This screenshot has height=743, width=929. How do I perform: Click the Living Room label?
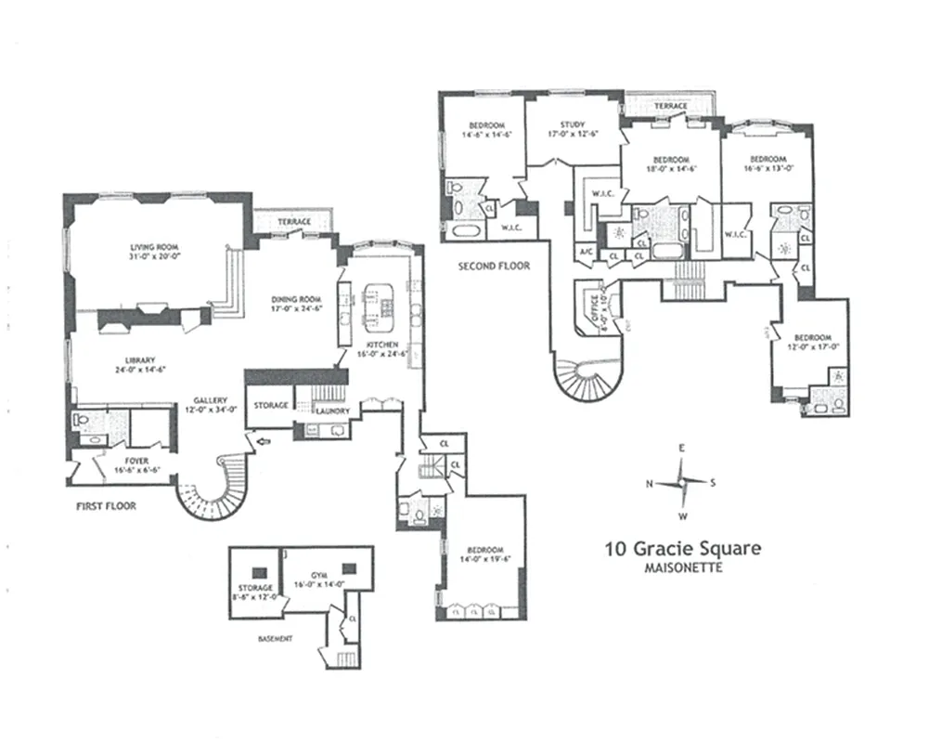tap(153, 247)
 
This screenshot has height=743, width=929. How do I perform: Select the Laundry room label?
tap(330, 410)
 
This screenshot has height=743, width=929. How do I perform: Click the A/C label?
tap(586, 252)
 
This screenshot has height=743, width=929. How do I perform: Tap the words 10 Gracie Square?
tap(682, 548)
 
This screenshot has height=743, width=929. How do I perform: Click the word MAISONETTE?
tap(682, 567)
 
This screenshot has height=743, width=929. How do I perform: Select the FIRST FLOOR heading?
tap(106, 506)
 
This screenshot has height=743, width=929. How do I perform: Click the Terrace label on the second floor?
tap(670, 106)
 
